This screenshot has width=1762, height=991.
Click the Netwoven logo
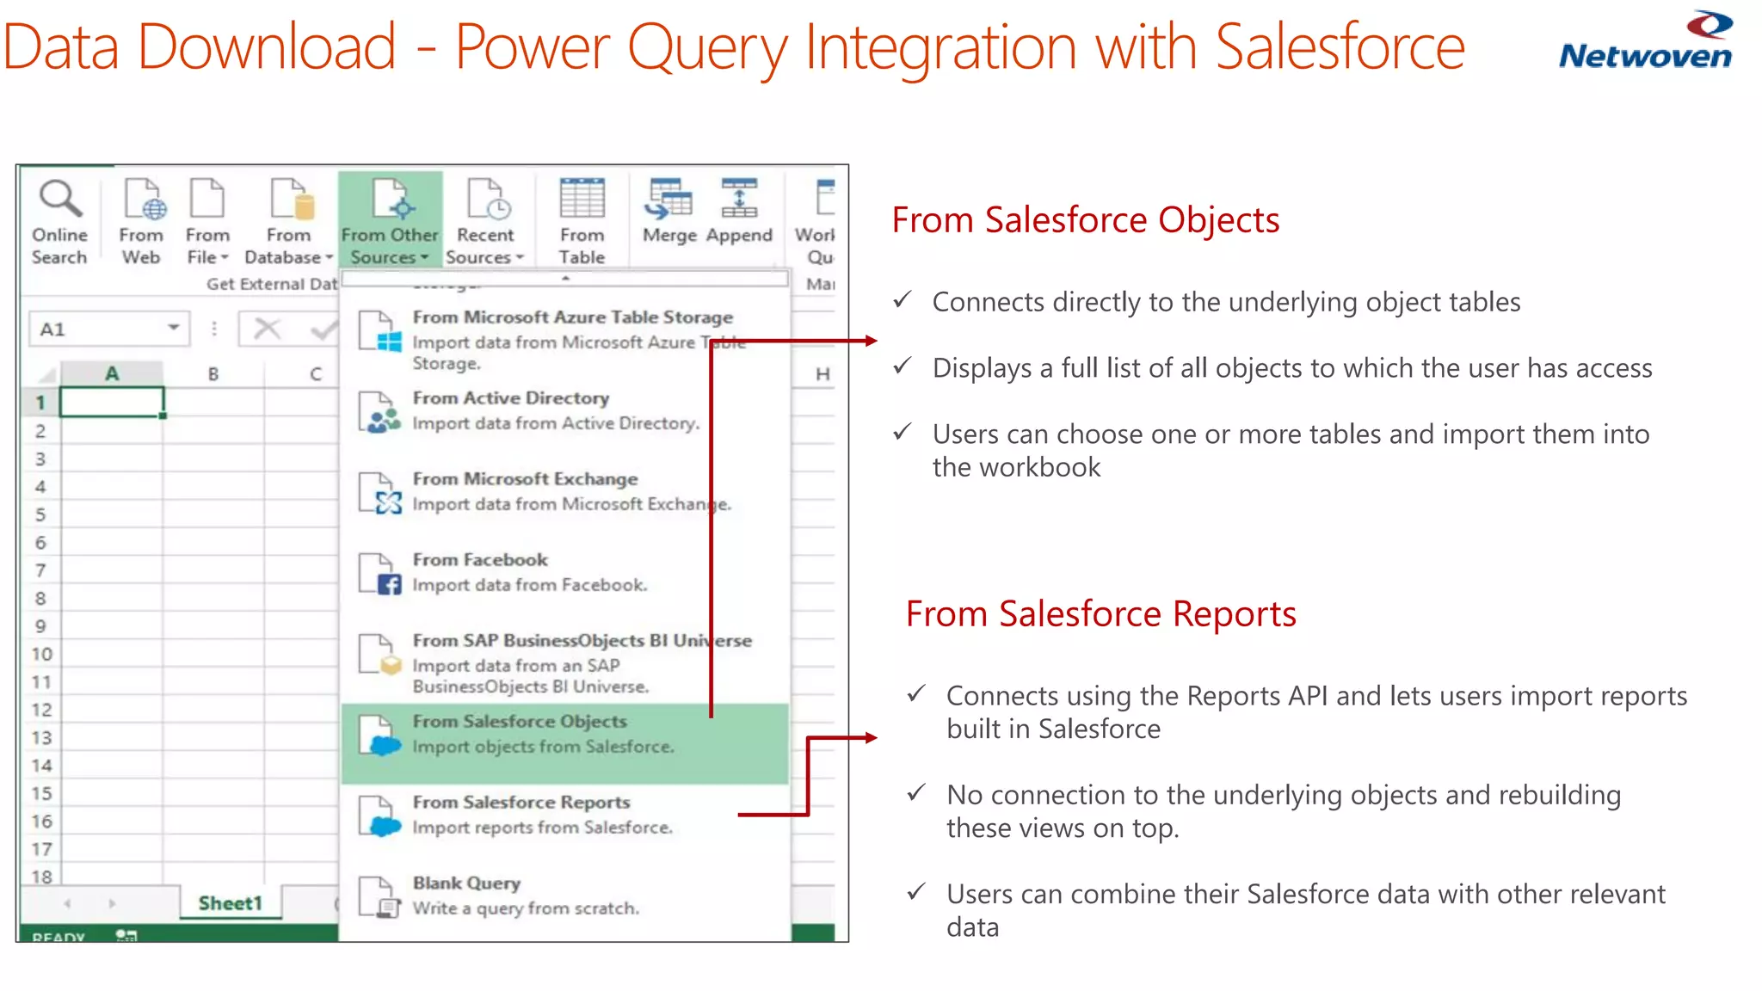[1645, 40]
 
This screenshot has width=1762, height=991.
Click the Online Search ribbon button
[59, 220]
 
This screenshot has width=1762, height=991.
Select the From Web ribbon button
[141, 220]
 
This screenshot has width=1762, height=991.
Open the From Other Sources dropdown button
[390, 220]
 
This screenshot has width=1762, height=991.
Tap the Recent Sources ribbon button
[485, 220]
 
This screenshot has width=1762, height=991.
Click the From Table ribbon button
[582, 220]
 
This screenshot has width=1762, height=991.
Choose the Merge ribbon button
[669, 212]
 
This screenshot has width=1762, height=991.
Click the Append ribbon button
[739, 212]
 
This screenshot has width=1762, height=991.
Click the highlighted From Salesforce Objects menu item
[564, 734]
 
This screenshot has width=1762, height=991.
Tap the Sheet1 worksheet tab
[230, 903]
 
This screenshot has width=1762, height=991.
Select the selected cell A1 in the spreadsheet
[111, 402]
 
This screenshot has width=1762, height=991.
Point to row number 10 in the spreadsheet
[41, 654]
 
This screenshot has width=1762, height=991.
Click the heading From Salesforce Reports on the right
[1100, 614]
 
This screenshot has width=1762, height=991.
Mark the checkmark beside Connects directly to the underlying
[902, 300]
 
